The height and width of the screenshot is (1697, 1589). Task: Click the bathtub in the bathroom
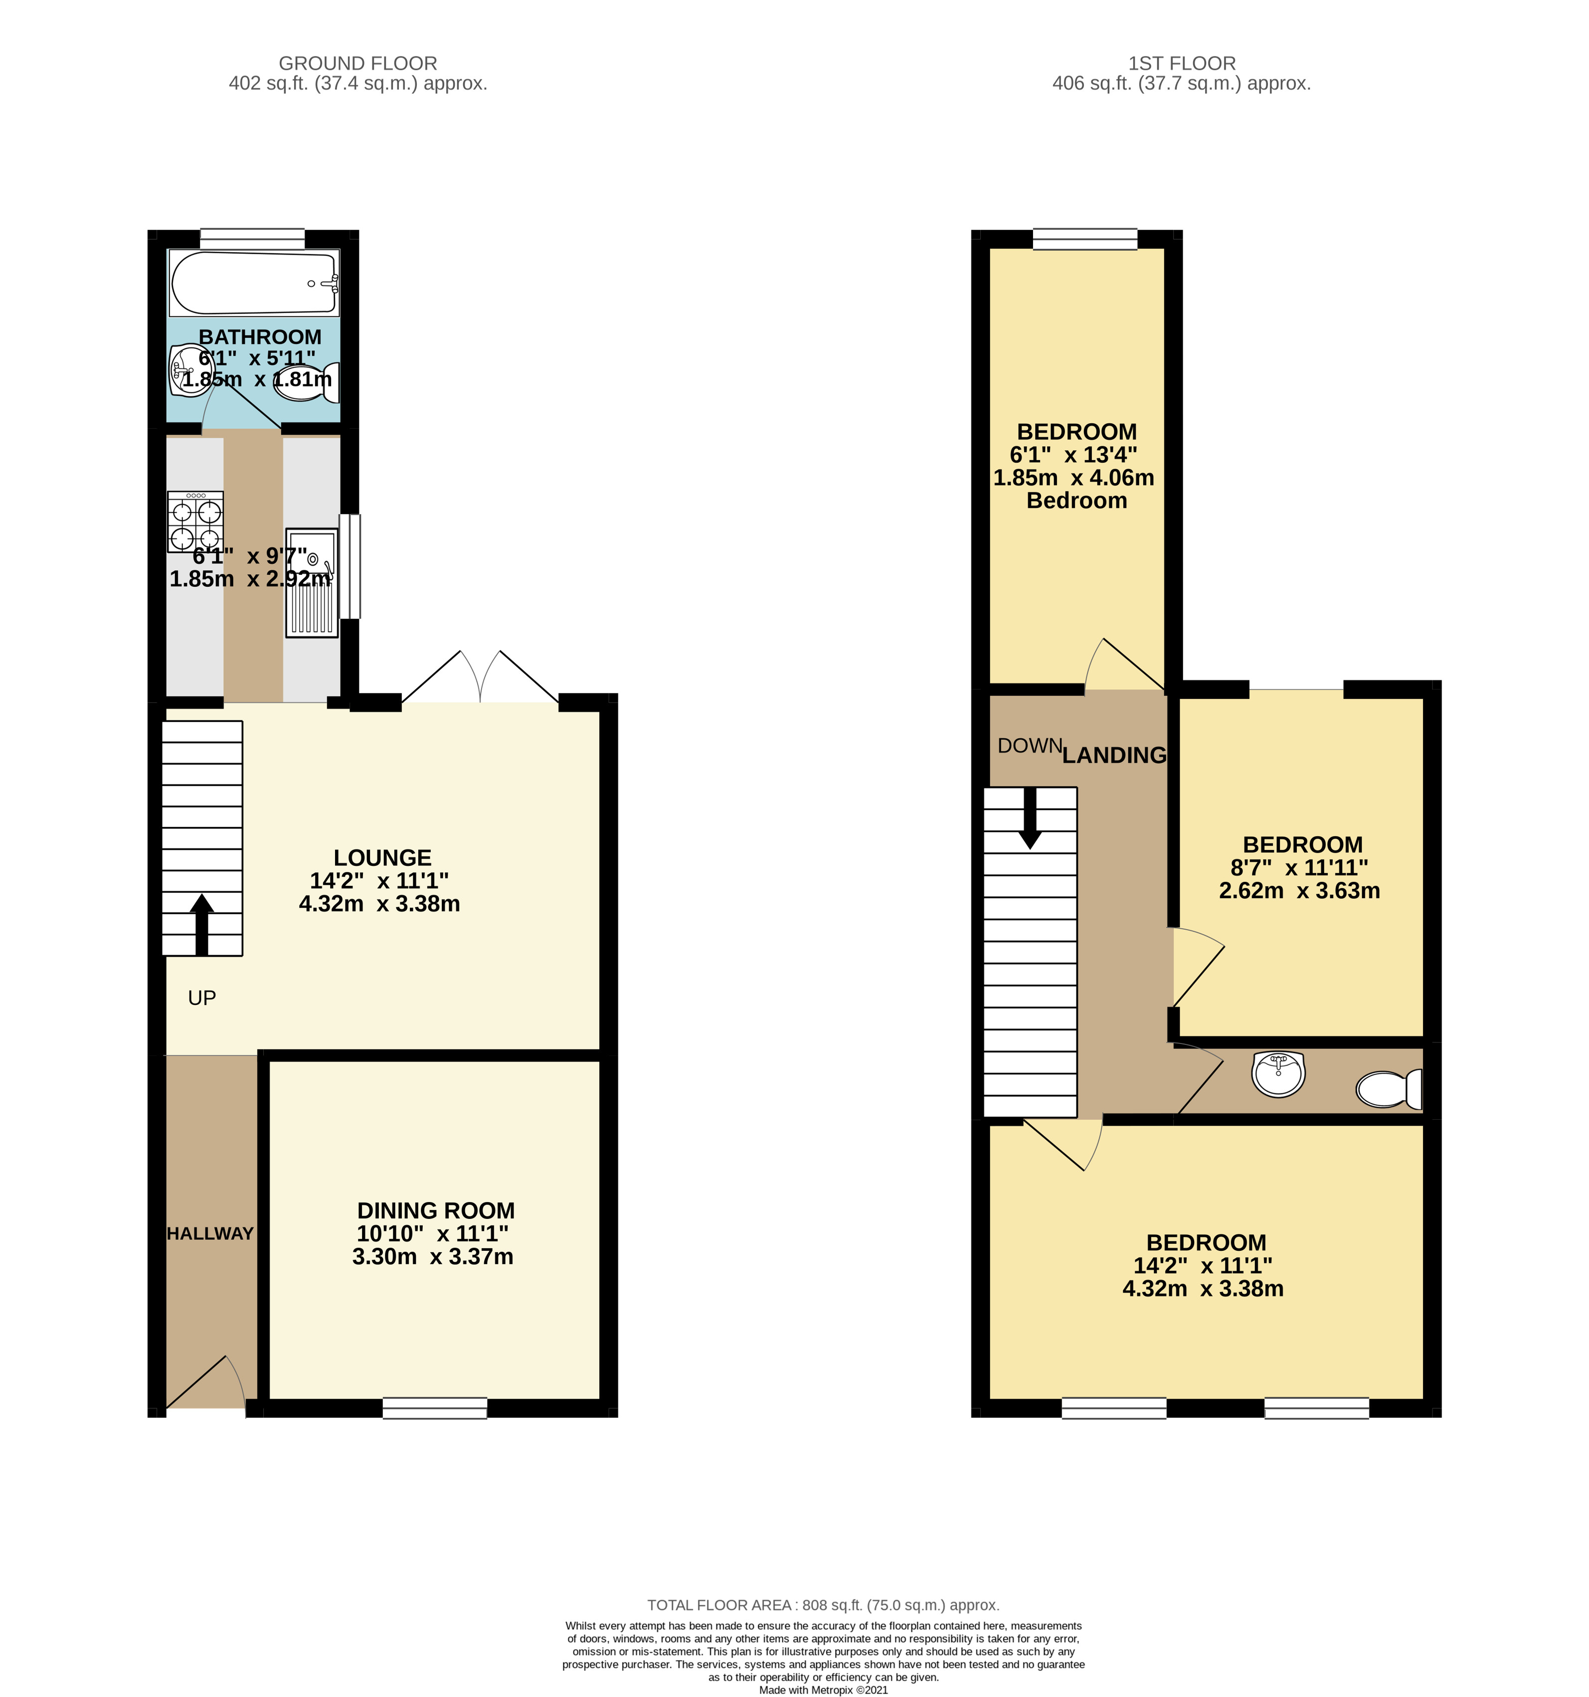pos(254,283)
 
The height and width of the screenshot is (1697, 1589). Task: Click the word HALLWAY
pos(210,1233)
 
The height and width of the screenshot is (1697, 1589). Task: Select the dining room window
pos(435,1408)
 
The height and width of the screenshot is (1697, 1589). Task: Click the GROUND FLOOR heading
pos(358,63)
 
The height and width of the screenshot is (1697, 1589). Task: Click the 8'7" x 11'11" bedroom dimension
pos(1299,867)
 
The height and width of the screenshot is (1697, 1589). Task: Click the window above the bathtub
pos(253,238)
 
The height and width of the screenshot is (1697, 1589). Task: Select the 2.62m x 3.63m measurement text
pos(1299,890)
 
